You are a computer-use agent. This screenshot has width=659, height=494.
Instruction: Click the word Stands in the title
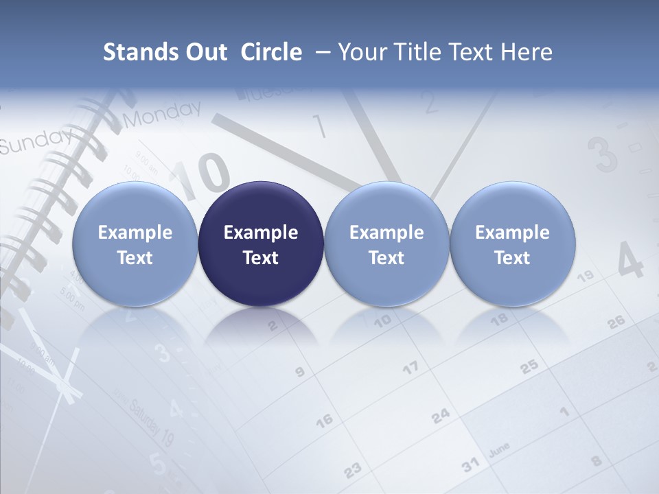click(x=134, y=52)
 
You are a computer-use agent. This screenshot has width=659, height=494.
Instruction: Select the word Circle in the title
click(x=271, y=52)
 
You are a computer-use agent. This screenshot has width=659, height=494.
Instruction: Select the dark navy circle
click(x=261, y=244)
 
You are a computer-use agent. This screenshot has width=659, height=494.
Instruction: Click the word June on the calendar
click(x=499, y=449)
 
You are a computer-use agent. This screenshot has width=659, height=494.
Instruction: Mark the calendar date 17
click(x=410, y=368)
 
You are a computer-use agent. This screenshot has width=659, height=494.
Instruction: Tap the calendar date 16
click(x=323, y=419)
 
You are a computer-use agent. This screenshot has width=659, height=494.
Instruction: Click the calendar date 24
click(x=441, y=415)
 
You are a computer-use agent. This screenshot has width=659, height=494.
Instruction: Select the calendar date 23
click(x=352, y=470)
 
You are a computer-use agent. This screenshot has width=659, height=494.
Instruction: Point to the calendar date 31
click(x=470, y=466)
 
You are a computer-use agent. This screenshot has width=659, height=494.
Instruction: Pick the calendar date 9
click(x=299, y=373)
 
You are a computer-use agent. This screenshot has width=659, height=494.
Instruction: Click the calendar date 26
click(x=616, y=320)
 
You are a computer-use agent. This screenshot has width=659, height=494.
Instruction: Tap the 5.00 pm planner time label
click(x=71, y=300)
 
